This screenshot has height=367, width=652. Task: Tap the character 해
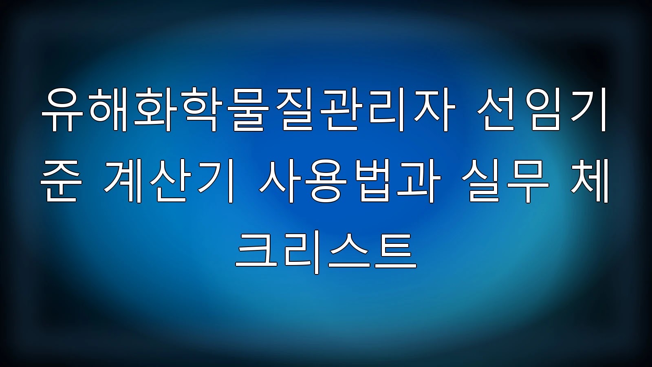[108, 110]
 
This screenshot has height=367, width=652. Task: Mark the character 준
[61, 181]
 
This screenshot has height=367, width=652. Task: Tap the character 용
[326, 181]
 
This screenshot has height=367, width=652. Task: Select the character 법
[371, 181]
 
